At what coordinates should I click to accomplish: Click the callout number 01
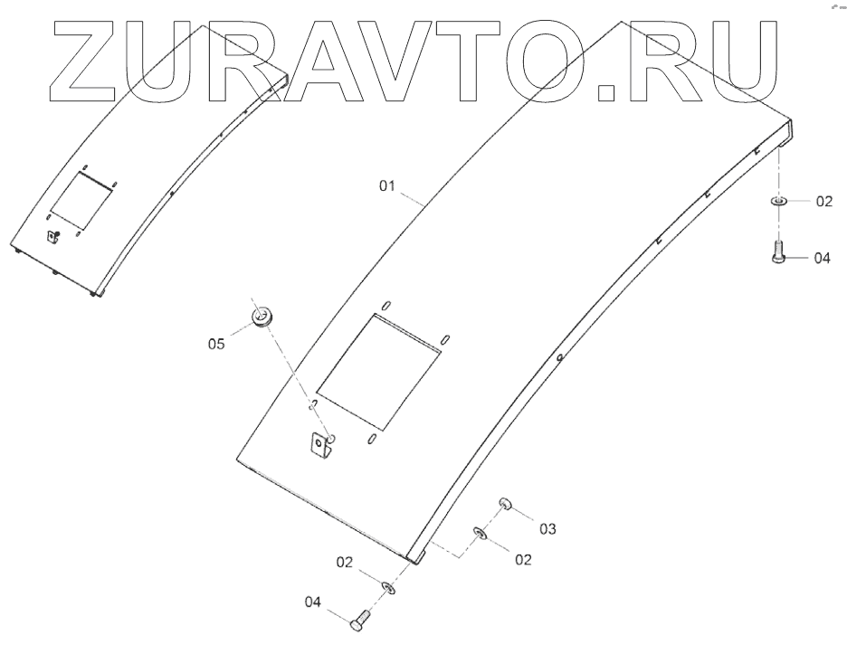pos(387,188)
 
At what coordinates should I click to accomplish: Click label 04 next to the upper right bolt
pos(822,258)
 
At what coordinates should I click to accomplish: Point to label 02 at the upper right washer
pos(823,202)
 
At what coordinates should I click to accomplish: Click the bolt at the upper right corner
pos(777,251)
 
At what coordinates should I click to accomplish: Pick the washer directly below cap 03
pos(480,534)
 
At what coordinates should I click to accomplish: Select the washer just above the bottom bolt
pos(387,588)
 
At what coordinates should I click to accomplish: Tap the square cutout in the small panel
pos(81,201)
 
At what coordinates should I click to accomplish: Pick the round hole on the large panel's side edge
pos(560,359)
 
